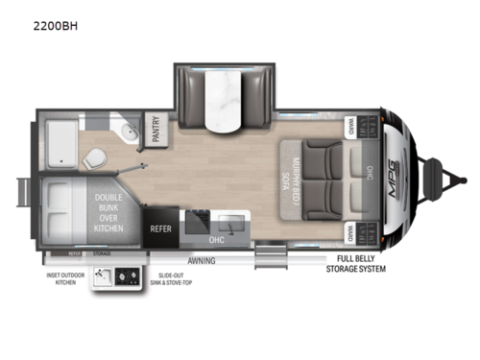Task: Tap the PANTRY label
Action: point(156,129)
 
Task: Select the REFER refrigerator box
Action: point(160,229)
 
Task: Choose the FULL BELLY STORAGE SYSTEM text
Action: point(361,264)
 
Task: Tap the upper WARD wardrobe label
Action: point(351,124)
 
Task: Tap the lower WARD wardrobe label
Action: point(351,232)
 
